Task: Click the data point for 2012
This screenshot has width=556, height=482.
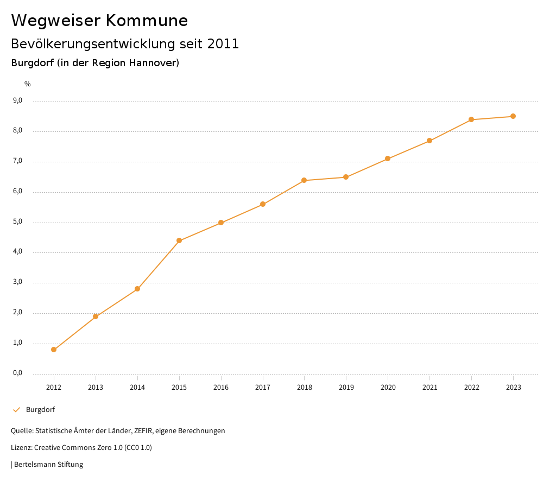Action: coord(54,350)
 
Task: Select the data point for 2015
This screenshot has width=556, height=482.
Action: coord(179,240)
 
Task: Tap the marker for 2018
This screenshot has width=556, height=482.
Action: coord(304,180)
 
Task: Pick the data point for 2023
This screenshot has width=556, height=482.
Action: coord(513,116)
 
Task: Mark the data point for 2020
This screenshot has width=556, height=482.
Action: coord(388,158)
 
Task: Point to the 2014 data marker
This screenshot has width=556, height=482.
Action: coord(137,289)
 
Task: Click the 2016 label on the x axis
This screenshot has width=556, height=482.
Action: coord(221,387)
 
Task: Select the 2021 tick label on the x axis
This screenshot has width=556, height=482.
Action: coord(429,387)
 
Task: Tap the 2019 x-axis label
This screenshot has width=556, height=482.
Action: coord(346,387)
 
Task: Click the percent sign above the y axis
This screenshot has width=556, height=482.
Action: coord(28,84)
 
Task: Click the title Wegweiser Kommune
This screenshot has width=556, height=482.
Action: coord(99,21)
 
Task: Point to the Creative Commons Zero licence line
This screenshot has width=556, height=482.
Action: coord(81,447)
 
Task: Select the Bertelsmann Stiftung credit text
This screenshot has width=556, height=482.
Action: coord(48,464)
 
